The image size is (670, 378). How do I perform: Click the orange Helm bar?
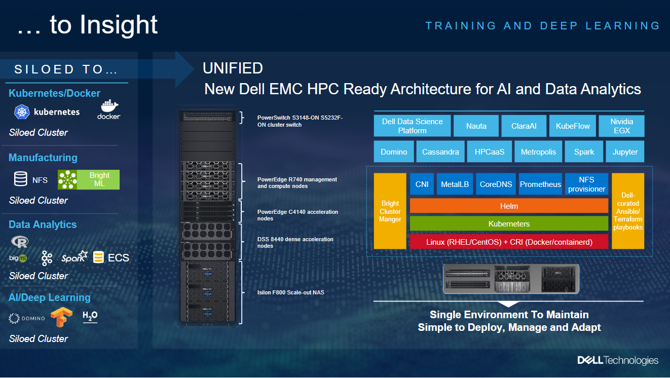(x=509, y=206)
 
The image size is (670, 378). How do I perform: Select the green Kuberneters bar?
(x=509, y=223)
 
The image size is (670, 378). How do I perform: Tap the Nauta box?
(x=476, y=126)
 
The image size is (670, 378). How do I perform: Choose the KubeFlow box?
(x=573, y=126)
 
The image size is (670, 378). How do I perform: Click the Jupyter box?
(x=625, y=152)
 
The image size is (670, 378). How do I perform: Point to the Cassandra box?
(x=440, y=152)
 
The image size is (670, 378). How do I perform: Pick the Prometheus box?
(x=540, y=184)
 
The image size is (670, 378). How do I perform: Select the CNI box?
(x=422, y=184)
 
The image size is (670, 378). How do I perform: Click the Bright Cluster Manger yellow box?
(x=390, y=211)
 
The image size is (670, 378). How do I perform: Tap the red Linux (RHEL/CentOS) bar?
(x=509, y=242)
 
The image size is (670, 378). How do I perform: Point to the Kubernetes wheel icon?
(x=22, y=112)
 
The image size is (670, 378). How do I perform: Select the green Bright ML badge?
(x=89, y=179)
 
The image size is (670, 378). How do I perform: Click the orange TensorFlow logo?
(x=61, y=317)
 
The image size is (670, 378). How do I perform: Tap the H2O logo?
(x=90, y=316)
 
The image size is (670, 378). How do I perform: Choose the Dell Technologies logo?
(x=618, y=360)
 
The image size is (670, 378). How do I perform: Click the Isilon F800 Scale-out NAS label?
(x=291, y=292)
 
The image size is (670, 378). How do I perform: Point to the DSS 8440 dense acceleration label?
(x=295, y=243)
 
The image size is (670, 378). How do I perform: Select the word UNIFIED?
(x=233, y=68)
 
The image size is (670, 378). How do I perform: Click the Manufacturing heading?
(x=43, y=158)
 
